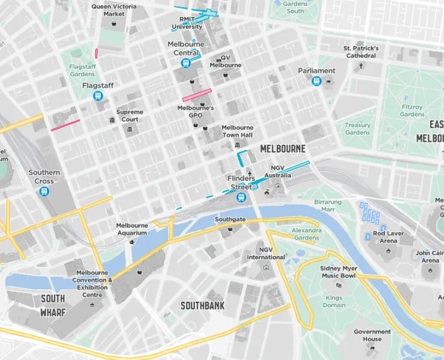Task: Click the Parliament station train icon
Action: [x=316, y=82]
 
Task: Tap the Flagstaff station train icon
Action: [x=98, y=96]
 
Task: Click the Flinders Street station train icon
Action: [x=241, y=197]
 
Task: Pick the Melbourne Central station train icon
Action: [x=186, y=63]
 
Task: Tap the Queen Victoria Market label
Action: [x=113, y=10]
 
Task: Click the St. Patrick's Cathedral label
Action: [x=361, y=52]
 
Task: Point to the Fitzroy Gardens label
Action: [x=412, y=110]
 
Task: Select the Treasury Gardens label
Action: [x=358, y=128]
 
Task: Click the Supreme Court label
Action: [x=130, y=115]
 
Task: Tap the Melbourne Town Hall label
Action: [x=238, y=131]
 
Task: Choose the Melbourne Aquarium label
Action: [x=131, y=229]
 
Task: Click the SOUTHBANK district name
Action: [x=203, y=306]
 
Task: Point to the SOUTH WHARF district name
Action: [x=53, y=305]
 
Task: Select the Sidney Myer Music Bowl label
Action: [x=340, y=272]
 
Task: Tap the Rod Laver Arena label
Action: [x=389, y=237]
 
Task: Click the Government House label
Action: [x=372, y=335]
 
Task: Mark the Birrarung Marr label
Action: [x=328, y=206]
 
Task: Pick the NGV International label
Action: [x=266, y=253]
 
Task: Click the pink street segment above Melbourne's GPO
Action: [x=197, y=95]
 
